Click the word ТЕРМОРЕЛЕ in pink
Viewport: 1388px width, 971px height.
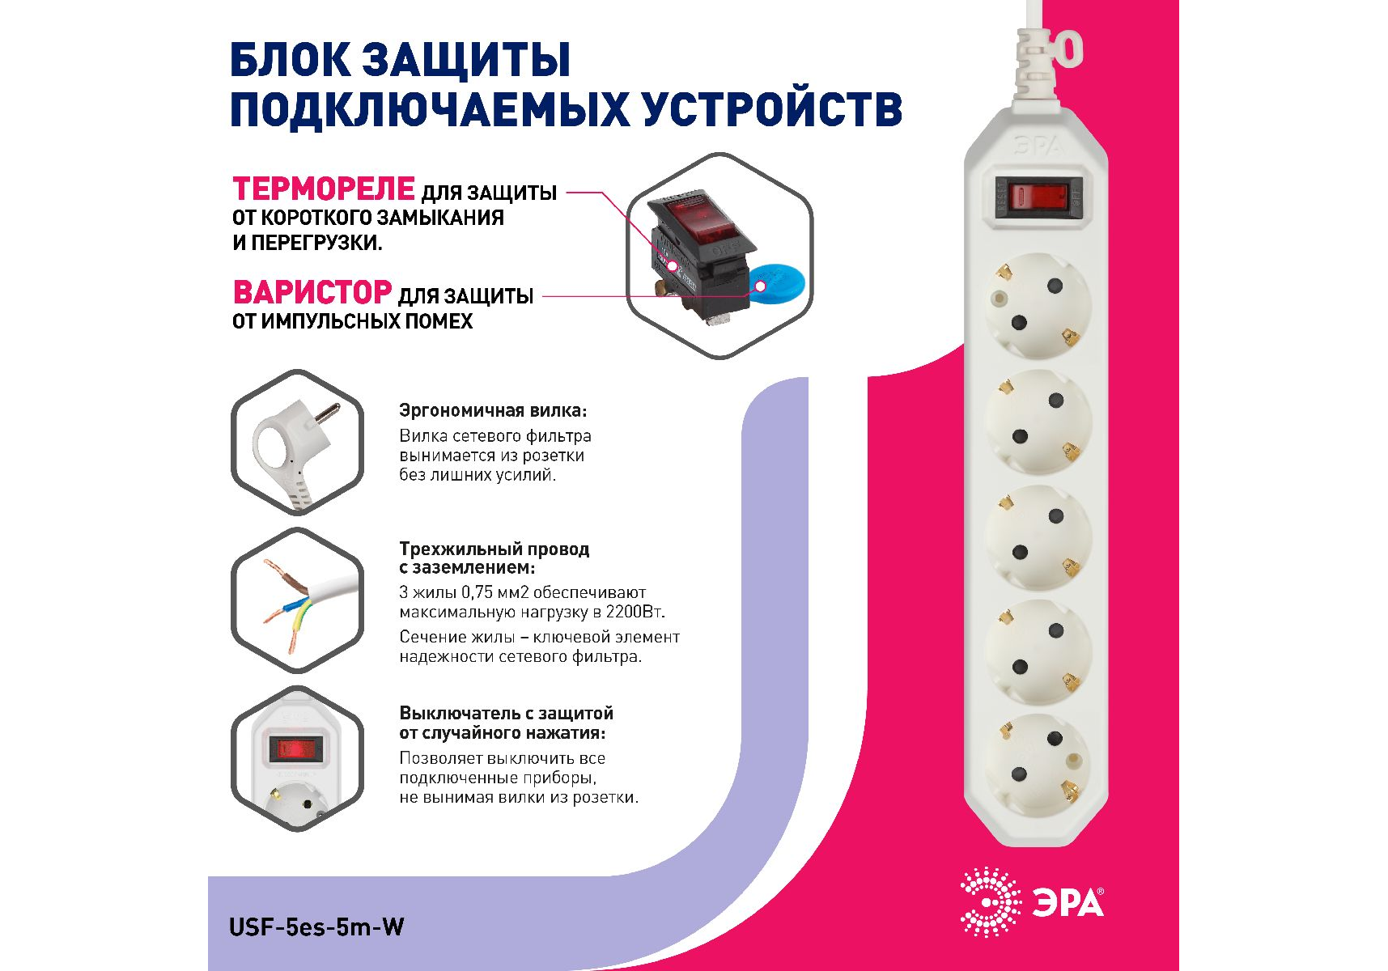pyautogui.click(x=324, y=189)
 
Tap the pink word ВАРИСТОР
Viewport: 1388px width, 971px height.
pyautogui.click(x=312, y=292)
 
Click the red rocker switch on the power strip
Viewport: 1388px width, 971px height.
pyautogui.click(x=1040, y=197)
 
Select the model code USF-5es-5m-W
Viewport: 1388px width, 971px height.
pyautogui.click(x=316, y=926)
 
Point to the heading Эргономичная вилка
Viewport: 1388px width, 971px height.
pyautogui.click(x=493, y=410)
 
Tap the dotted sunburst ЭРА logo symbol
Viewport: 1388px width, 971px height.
pyautogui.click(x=991, y=902)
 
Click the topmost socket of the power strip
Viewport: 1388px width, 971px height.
pyautogui.click(x=1038, y=306)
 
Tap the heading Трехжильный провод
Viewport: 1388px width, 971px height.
pyautogui.click(x=495, y=549)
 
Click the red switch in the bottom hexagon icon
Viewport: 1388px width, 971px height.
pyautogui.click(x=296, y=748)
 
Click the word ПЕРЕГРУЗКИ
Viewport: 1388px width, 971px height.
pyautogui.click(x=316, y=243)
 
